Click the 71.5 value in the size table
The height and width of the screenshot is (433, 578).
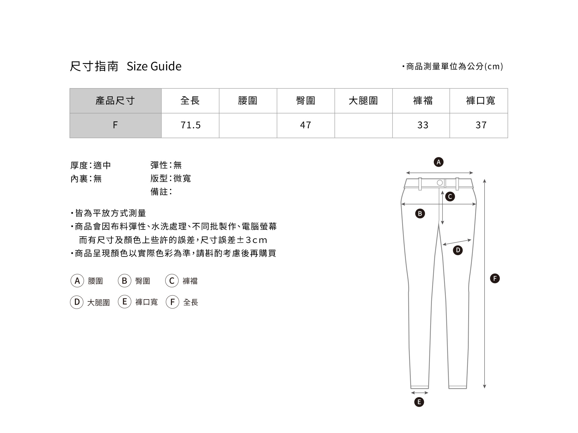point(191,125)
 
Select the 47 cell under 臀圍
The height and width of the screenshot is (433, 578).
point(306,125)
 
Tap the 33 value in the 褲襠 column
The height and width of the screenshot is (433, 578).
point(423,125)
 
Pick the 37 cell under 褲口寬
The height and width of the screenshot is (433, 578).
point(481,125)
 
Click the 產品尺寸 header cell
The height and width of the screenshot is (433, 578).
point(115,101)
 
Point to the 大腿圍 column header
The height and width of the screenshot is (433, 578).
point(363,101)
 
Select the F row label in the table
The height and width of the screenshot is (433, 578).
point(115,125)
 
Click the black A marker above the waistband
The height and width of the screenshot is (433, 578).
point(438,162)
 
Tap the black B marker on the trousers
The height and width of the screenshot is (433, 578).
point(420,214)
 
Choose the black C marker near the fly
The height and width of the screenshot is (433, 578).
point(450,197)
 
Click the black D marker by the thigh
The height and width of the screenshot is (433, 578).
point(458,250)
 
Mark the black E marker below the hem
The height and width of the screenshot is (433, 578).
point(419,402)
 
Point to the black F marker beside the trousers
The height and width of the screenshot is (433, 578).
point(495,278)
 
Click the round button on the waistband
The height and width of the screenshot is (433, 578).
point(440,183)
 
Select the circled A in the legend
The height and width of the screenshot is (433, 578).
point(77,281)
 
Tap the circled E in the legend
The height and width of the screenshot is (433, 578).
point(125,302)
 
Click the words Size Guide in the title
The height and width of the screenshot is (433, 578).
point(154,66)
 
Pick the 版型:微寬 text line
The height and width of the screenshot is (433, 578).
point(171,178)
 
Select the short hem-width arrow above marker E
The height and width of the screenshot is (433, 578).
point(419,393)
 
